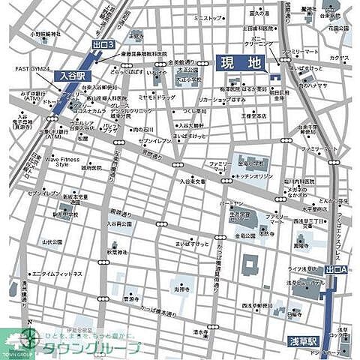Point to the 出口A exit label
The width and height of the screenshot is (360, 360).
[337, 268]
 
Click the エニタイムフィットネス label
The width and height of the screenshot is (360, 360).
[57, 274]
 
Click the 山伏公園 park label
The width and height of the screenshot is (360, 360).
[52, 242]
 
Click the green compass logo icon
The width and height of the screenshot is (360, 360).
[31, 337]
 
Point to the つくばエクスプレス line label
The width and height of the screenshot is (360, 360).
[343, 225]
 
